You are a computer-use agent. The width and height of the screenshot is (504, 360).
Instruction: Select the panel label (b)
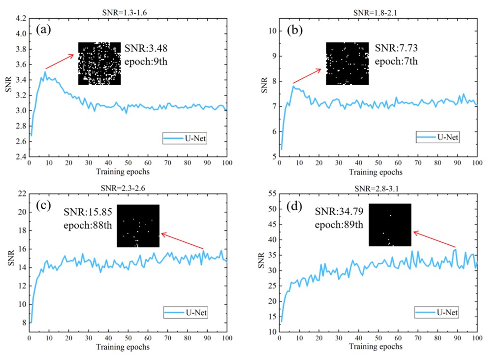294,30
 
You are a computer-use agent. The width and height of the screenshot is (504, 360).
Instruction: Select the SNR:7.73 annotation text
396,48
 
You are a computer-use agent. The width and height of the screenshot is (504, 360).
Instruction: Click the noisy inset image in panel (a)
99,64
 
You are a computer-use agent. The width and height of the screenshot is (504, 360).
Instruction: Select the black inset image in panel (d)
390,225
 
